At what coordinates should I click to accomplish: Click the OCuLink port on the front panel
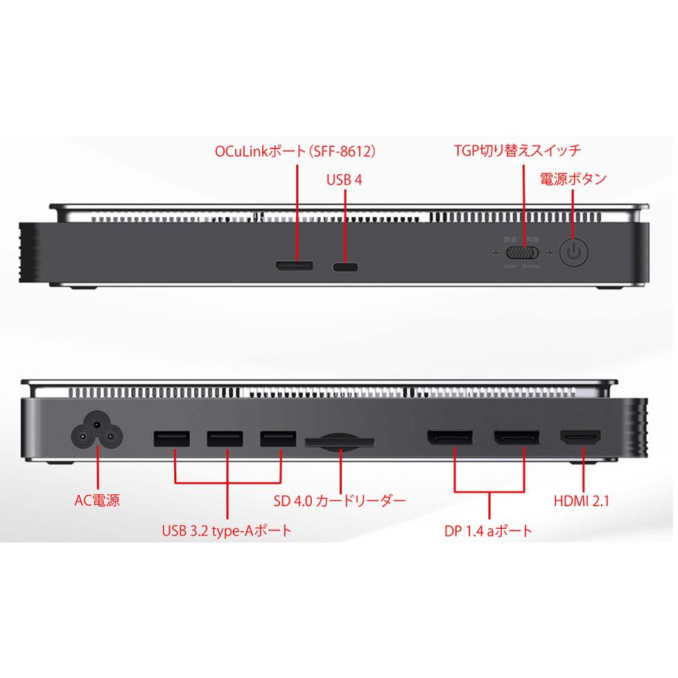click(x=295, y=266)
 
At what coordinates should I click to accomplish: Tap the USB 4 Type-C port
click(x=346, y=267)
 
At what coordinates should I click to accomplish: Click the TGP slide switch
click(x=521, y=252)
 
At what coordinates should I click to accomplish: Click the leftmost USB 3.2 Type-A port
click(x=173, y=438)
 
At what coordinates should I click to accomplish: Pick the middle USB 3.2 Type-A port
click(x=225, y=438)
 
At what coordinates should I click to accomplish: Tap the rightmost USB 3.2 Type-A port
click(x=278, y=438)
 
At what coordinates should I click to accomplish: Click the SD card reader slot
click(x=340, y=443)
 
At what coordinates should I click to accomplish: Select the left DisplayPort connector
click(x=450, y=438)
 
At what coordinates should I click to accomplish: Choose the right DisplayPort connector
click(x=516, y=438)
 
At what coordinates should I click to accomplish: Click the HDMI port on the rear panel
click(x=579, y=437)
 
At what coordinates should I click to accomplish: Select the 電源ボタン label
click(x=573, y=179)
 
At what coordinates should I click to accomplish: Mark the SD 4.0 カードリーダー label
click(x=341, y=499)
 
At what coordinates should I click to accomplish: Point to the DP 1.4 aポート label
click(x=488, y=531)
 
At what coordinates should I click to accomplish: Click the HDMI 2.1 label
click(x=581, y=499)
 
